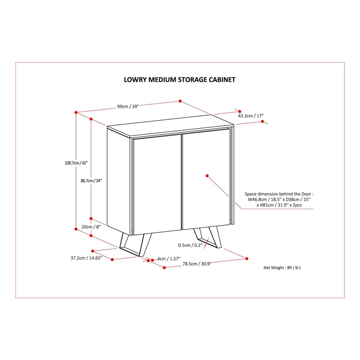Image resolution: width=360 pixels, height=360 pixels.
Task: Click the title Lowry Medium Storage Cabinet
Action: (180, 80)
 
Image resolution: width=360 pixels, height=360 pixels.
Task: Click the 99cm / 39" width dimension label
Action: (128, 106)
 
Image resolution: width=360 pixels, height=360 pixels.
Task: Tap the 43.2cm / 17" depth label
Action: (251, 116)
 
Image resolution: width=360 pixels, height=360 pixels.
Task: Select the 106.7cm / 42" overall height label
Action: (76, 163)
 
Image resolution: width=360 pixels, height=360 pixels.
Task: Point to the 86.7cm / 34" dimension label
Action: (91, 181)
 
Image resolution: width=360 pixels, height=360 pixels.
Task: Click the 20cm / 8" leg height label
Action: (91, 227)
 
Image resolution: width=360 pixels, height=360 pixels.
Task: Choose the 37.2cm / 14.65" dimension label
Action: (86, 258)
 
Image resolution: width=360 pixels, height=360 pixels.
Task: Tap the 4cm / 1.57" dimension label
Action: (169, 259)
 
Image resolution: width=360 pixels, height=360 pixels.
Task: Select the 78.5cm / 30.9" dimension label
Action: (197, 264)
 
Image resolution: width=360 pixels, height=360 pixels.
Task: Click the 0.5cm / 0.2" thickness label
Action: (190, 245)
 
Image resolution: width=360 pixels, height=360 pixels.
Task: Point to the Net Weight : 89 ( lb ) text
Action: (282, 267)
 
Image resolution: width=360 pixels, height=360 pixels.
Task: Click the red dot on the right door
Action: (207, 175)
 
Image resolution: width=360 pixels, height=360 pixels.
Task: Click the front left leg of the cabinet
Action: (135, 245)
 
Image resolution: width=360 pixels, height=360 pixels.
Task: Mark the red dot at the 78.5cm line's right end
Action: (247, 258)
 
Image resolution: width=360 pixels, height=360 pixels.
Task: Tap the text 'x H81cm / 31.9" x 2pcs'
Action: (279, 205)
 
